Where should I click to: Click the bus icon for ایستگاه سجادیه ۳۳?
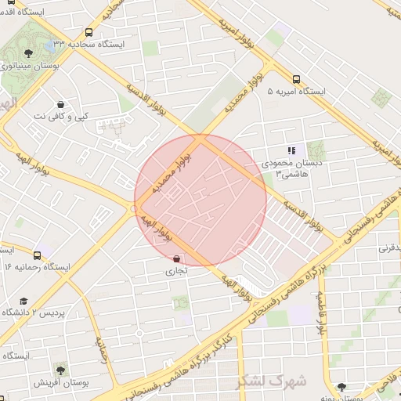tap(89, 33)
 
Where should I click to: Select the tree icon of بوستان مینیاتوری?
tap(29, 53)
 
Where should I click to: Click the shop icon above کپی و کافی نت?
tap(61, 104)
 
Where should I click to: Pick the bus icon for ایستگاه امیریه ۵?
tap(296, 79)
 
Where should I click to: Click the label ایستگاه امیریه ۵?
tap(296, 92)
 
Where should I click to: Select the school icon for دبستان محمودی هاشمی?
tap(291, 150)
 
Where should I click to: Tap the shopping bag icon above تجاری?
tap(176, 258)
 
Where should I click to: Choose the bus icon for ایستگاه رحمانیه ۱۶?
tap(37, 255)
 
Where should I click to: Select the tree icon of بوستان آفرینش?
tap(60, 368)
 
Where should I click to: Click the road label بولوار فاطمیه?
tap(320, 313)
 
